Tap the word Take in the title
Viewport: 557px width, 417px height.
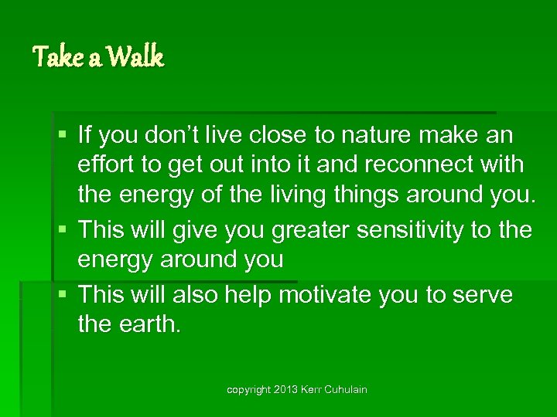53,56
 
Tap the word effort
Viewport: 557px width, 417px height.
104,164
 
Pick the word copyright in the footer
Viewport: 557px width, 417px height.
248,391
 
